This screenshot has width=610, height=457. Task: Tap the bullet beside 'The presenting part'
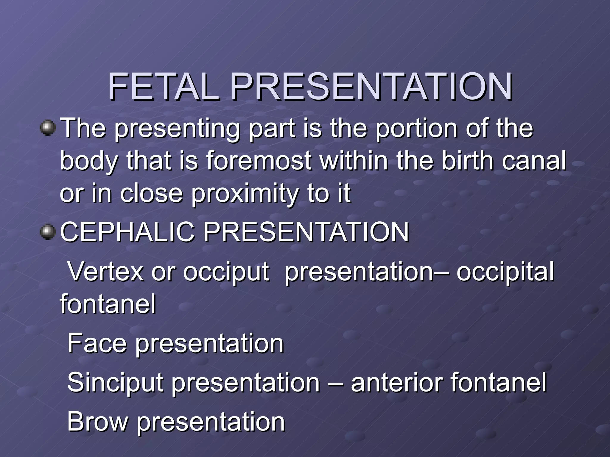[48, 128]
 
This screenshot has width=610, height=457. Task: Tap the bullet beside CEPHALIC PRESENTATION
[48, 232]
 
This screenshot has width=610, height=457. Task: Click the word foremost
[259, 161]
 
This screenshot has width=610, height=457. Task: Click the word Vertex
[105, 271]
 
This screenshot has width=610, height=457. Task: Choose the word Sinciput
[115, 383]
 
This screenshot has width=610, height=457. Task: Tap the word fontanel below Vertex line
[108, 304]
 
